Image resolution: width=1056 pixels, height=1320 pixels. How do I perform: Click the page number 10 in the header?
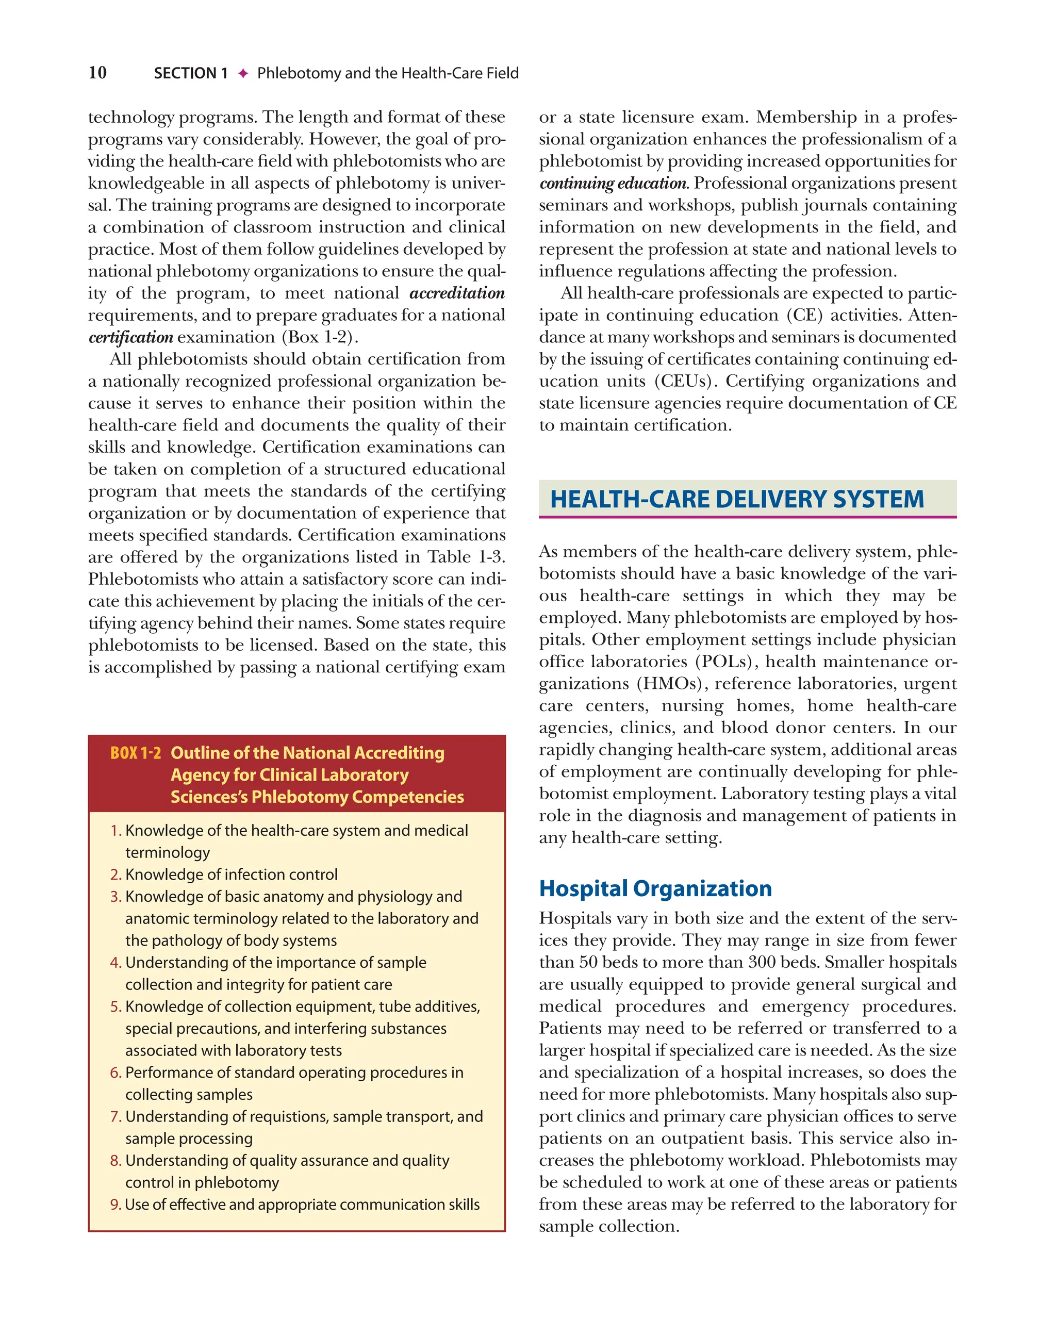(x=97, y=73)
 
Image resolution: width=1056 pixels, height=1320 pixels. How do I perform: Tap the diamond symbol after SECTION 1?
(x=243, y=73)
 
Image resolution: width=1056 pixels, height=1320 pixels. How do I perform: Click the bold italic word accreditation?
(x=457, y=293)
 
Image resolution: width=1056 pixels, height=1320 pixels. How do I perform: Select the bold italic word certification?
(x=130, y=337)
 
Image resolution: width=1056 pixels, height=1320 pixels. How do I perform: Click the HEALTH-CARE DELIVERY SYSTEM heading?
(x=736, y=499)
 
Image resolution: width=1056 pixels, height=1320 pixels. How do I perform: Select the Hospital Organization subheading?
(x=655, y=888)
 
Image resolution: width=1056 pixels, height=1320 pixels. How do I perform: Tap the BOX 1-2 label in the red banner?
(x=135, y=753)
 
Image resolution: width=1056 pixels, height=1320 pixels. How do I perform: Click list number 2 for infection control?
(x=115, y=875)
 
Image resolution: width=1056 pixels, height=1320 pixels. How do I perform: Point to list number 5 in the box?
(x=115, y=1007)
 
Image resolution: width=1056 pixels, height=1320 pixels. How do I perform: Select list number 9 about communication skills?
(x=115, y=1205)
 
